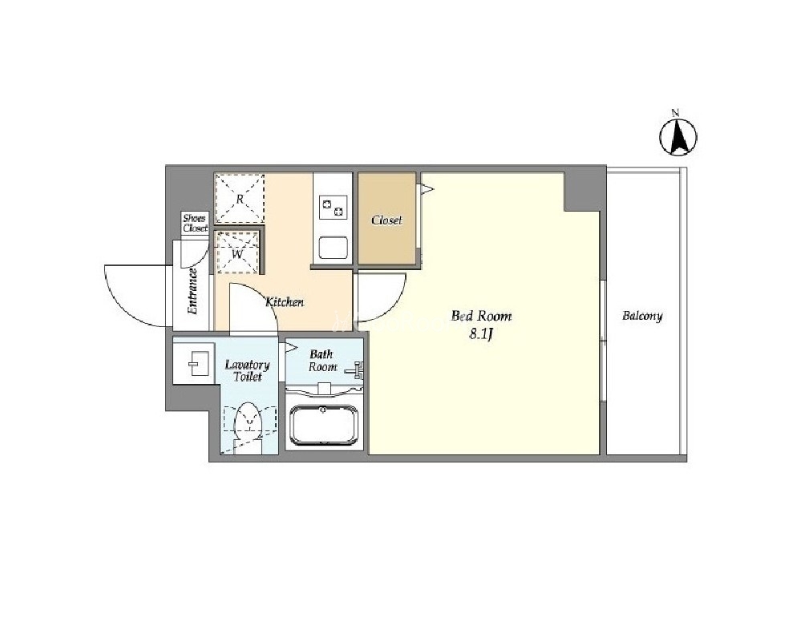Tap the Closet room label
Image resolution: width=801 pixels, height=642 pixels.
386,220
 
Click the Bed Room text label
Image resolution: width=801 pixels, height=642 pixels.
481,316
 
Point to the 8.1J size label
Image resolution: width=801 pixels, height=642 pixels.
480,334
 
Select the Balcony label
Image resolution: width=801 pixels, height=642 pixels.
642,316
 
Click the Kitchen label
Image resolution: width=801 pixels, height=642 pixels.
285,302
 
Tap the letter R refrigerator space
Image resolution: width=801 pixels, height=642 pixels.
240,199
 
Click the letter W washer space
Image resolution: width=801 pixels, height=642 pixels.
237,252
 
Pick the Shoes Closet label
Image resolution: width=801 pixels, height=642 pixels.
195,223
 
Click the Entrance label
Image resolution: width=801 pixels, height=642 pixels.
192,291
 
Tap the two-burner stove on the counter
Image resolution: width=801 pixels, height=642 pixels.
333,208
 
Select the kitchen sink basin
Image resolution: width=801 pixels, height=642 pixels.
333,248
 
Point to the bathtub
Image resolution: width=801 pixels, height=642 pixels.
323,426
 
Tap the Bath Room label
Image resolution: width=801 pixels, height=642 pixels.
322,360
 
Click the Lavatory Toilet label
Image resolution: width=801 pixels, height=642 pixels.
247,371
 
